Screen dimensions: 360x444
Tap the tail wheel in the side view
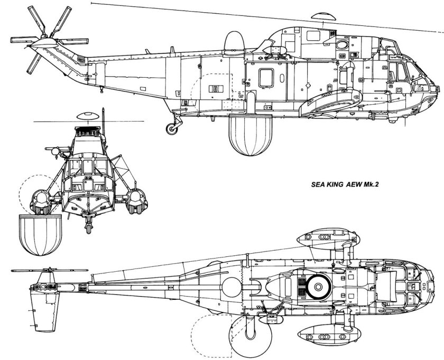[171, 127]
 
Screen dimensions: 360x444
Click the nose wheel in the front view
[88, 226]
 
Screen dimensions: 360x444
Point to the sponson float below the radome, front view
[40, 200]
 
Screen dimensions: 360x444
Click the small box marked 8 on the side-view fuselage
[216, 89]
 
